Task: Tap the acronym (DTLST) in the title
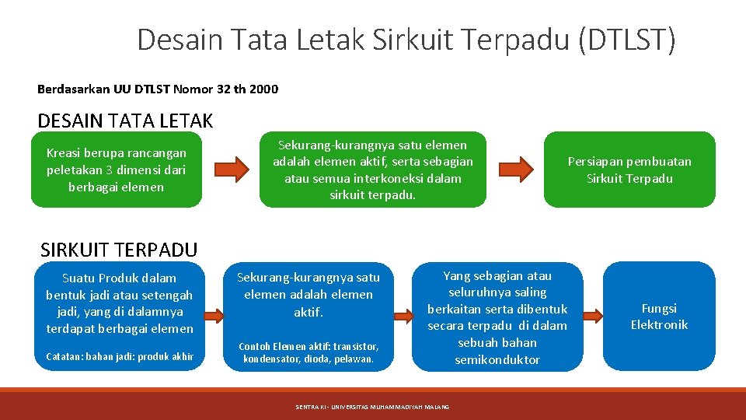(626, 39)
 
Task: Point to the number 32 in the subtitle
(221, 89)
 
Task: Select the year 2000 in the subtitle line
(264, 89)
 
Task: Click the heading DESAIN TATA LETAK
(125, 121)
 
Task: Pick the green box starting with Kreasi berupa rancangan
(116, 170)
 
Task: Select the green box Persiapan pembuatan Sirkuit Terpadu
(629, 170)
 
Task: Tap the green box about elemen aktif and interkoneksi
(372, 170)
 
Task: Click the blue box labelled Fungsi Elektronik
(658, 317)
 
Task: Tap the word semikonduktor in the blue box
(497, 359)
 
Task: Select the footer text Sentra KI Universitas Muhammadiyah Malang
(372, 407)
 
